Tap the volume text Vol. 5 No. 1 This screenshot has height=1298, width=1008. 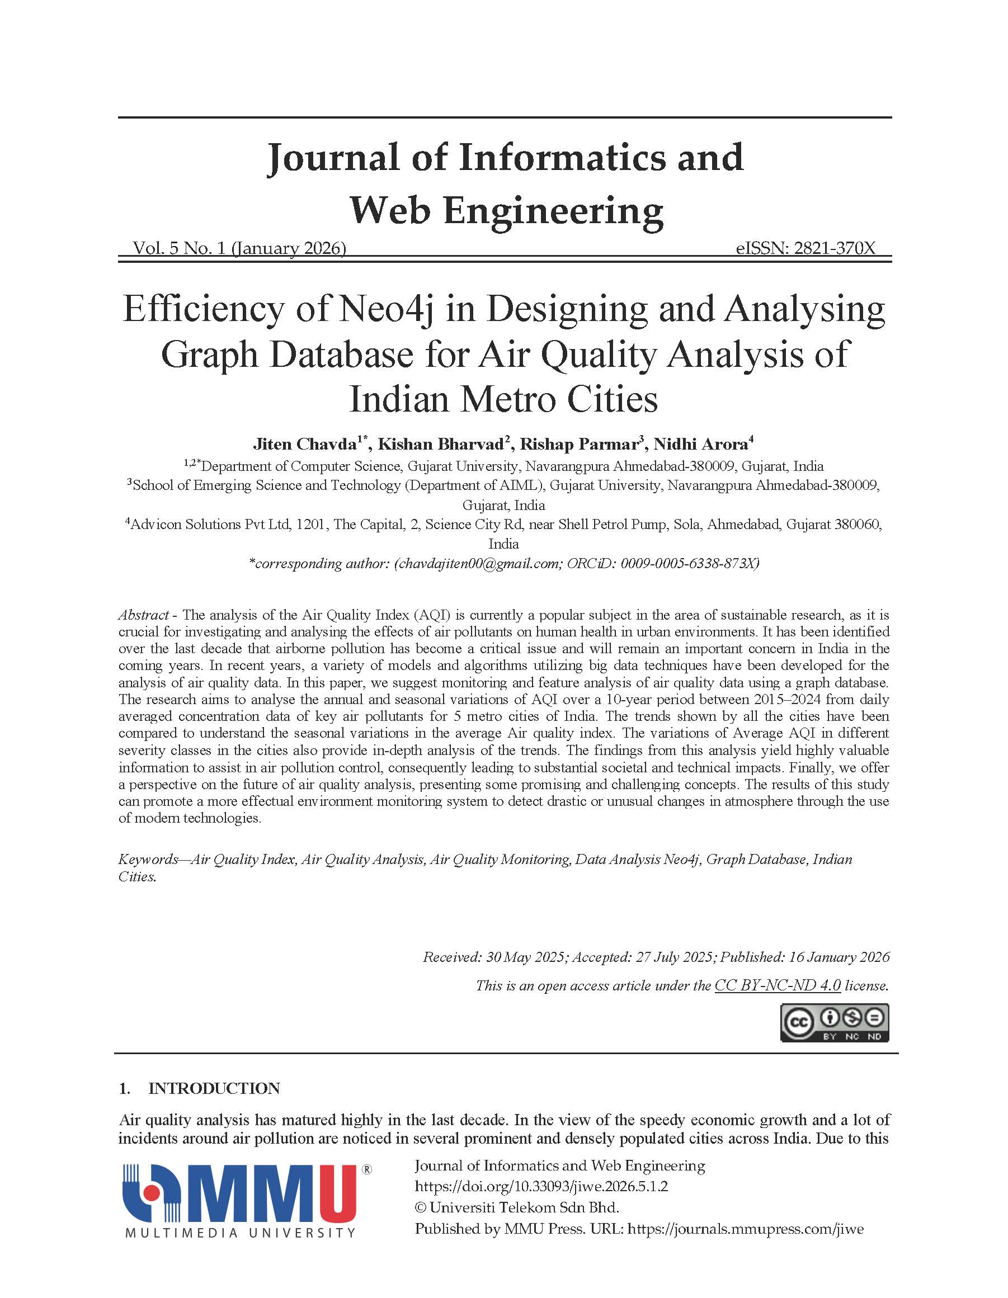(x=179, y=248)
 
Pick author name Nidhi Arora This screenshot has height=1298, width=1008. (x=700, y=444)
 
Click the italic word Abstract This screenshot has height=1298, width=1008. (x=143, y=615)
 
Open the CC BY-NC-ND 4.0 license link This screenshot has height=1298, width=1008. (x=777, y=985)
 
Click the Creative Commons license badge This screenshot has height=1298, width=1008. (x=834, y=1023)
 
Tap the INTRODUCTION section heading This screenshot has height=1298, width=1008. (x=213, y=1088)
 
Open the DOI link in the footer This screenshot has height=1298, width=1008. (x=541, y=1186)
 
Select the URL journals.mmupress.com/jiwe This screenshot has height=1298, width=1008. (x=745, y=1229)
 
